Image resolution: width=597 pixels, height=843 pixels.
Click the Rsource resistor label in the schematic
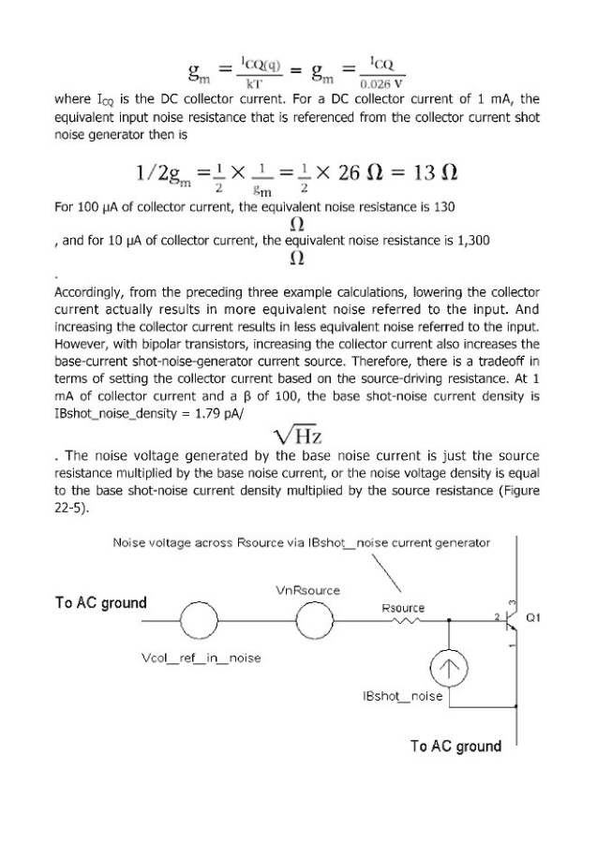[x=403, y=608]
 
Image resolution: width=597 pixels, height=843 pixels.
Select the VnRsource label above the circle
[x=308, y=591]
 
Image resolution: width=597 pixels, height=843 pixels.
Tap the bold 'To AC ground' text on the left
[x=101, y=602]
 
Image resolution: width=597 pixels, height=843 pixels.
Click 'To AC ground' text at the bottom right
[x=455, y=747]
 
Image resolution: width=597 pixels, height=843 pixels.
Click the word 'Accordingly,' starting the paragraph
[x=91, y=291]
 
